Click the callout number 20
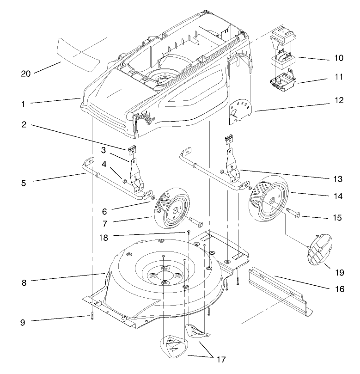(x=26, y=74)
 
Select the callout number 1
(x=23, y=104)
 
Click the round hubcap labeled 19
(x=319, y=250)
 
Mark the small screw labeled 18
(x=189, y=231)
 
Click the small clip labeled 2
(x=131, y=150)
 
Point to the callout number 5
(x=23, y=183)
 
